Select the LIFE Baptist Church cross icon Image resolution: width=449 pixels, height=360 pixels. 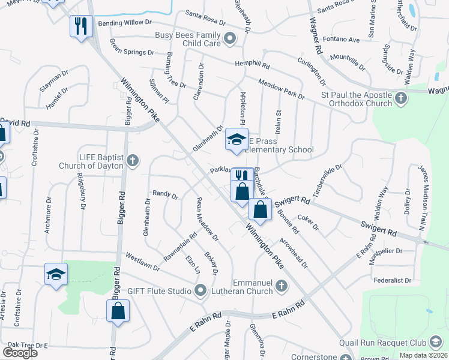click(133, 160)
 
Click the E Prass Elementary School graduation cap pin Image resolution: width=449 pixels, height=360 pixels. click(237, 140)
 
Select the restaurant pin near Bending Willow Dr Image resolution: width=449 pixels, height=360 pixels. click(80, 26)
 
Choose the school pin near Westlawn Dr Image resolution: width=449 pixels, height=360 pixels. click(56, 274)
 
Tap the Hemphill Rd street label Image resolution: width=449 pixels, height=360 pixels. click(252, 65)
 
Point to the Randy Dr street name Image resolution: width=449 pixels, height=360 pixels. click(166, 194)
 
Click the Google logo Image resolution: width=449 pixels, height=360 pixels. click(20, 353)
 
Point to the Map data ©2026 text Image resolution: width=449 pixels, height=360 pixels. click(423, 355)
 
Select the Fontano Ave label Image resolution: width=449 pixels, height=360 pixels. click(341, 40)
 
